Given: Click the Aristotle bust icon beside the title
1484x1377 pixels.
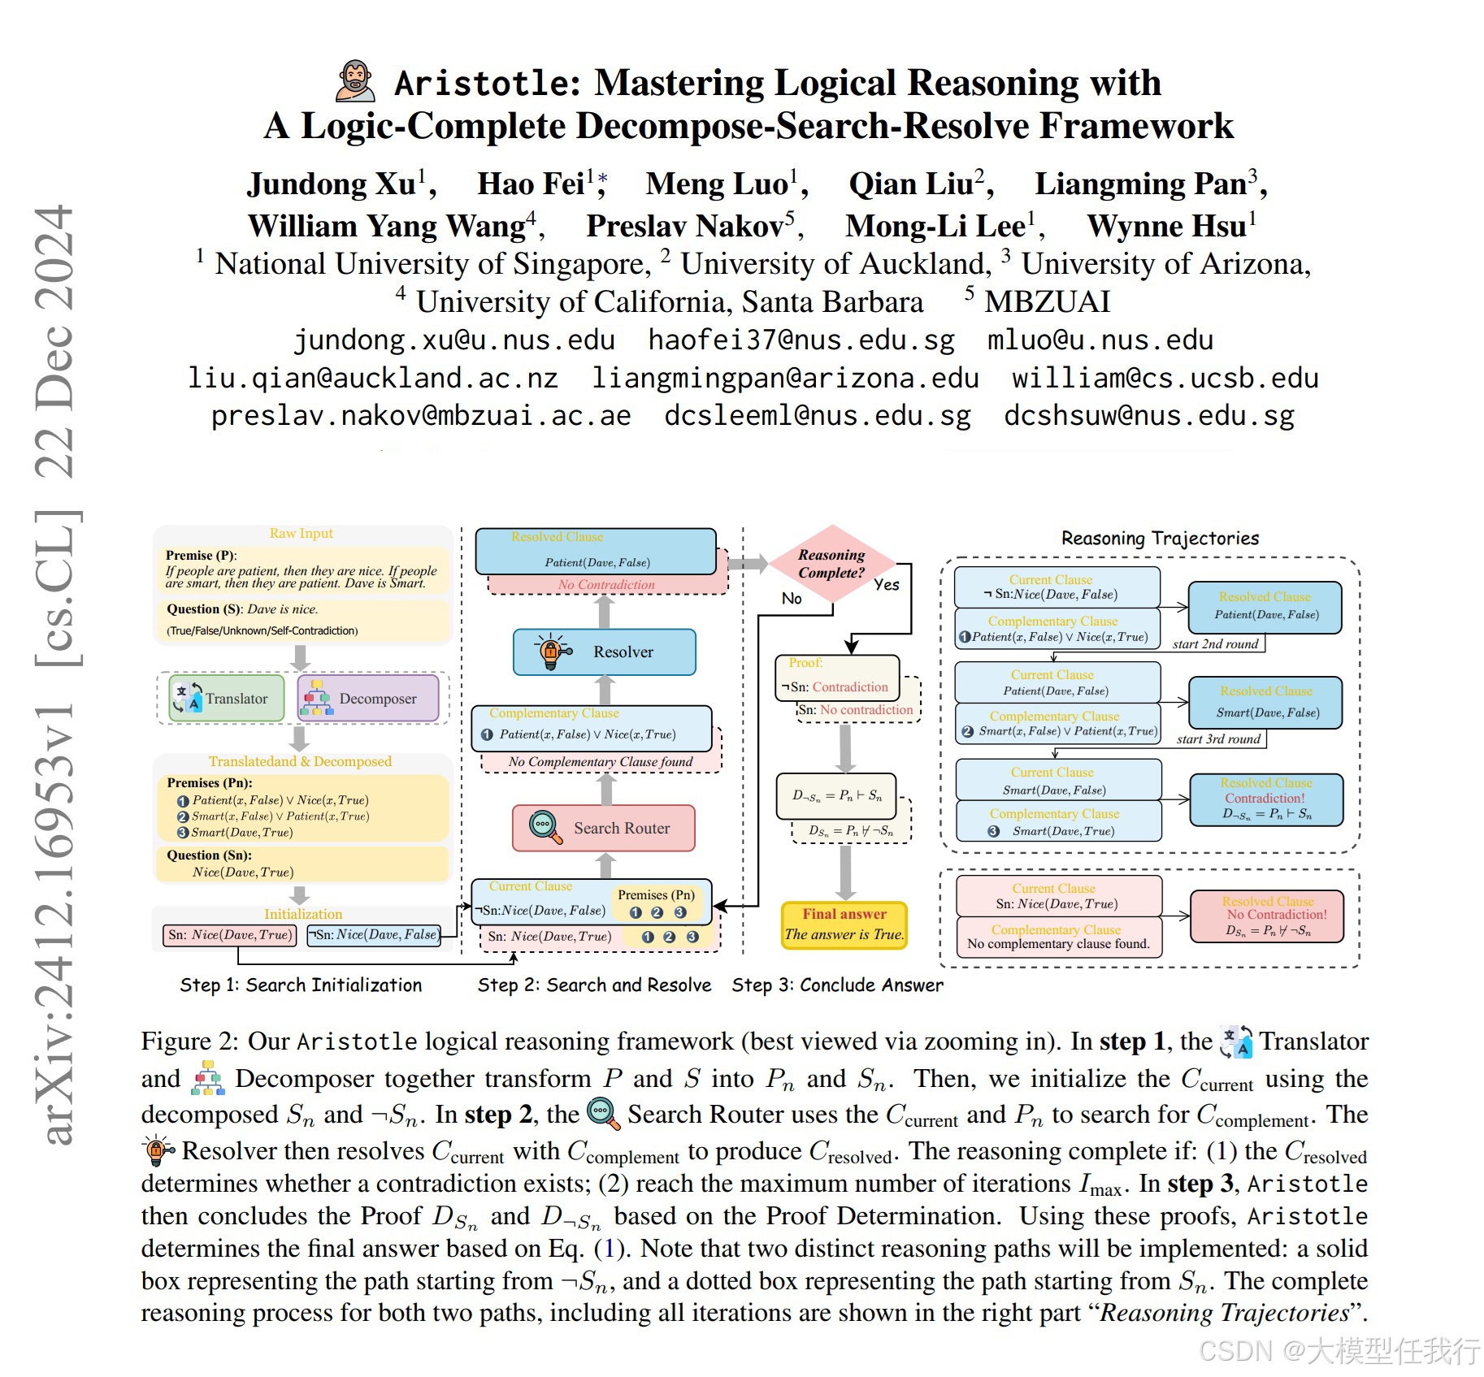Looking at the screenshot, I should (x=355, y=81).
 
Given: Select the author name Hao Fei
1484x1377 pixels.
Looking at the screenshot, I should (x=530, y=184).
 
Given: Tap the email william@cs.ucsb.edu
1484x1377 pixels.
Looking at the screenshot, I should (x=1165, y=378).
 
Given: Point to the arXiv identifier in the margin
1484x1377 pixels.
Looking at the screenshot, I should (x=57, y=674).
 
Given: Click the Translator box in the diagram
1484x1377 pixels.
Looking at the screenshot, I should (x=227, y=699).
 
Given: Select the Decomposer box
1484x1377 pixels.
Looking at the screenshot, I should (x=368, y=699).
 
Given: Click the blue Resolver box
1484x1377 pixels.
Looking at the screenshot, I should (x=604, y=652).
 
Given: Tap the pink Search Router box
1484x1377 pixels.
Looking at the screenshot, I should (x=604, y=828).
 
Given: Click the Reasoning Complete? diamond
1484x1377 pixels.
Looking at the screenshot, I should (x=831, y=563).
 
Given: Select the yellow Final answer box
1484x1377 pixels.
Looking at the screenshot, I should (x=844, y=924).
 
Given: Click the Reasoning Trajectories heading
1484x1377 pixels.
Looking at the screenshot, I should (x=1160, y=539).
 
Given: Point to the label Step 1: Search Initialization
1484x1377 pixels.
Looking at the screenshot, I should (x=301, y=985).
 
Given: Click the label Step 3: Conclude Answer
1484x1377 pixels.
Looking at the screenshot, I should (x=837, y=985).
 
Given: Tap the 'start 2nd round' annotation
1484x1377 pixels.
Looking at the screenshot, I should (x=1215, y=644).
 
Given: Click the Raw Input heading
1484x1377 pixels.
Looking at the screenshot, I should (x=302, y=534).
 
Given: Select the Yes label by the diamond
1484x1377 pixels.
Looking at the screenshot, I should (x=887, y=584).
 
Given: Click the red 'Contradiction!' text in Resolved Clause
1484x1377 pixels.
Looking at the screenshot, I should (x=1265, y=799).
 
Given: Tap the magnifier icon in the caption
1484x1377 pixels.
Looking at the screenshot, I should (x=603, y=1114).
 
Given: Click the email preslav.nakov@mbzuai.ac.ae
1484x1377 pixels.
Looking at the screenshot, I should (x=420, y=416).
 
